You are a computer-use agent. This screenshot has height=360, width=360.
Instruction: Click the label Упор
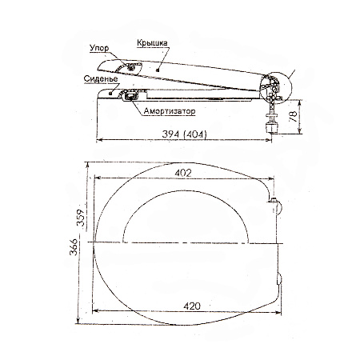(99, 49)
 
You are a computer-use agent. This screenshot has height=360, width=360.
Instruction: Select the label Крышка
(152, 43)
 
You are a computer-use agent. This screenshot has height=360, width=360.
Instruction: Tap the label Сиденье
(101, 79)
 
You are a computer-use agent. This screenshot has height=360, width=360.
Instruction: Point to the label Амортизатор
(170, 111)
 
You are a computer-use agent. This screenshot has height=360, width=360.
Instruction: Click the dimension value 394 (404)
(184, 134)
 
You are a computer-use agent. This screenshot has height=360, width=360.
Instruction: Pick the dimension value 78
(293, 117)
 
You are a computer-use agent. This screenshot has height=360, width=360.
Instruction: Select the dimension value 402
(183, 173)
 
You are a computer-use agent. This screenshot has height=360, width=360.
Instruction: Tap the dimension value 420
(192, 306)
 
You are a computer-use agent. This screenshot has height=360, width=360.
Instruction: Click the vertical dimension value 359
(81, 218)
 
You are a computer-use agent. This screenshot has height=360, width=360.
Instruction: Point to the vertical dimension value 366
(74, 246)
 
